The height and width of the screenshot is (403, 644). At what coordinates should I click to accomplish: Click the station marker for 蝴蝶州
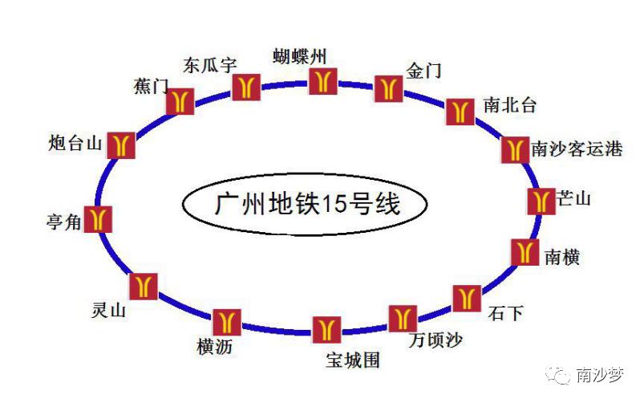[x=323, y=81]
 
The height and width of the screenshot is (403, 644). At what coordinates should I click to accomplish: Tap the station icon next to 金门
[x=388, y=88]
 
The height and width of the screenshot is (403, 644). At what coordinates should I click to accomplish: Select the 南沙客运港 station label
[x=577, y=149]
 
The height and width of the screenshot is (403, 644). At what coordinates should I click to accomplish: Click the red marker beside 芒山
[x=541, y=201]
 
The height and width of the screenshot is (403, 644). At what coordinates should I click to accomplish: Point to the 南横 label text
[x=562, y=257]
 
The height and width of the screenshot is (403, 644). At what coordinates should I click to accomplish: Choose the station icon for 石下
[x=467, y=298]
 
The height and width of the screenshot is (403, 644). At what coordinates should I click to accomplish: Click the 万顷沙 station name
[x=435, y=340]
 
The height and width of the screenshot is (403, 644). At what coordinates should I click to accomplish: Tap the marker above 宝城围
[x=326, y=329]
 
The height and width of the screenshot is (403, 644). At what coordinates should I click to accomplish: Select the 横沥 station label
[x=215, y=347]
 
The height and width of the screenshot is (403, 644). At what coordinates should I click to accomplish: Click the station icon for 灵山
[x=144, y=287]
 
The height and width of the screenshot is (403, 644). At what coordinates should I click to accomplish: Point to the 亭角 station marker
[x=98, y=219]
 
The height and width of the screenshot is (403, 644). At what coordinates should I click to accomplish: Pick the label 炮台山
[x=75, y=143]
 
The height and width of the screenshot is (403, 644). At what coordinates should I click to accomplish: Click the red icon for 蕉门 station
[x=180, y=101]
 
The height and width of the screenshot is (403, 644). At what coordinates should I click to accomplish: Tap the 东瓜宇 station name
[x=210, y=65]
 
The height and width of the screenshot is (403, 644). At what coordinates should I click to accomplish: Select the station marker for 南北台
[x=460, y=112]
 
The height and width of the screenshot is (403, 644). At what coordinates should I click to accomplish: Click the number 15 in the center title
[x=334, y=204]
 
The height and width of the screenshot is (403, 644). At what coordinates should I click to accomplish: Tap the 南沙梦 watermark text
[x=600, y=375]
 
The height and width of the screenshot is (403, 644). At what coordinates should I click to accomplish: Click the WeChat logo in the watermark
[x=557, y=375]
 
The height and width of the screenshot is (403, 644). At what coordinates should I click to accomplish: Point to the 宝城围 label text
[x=353, y=360]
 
